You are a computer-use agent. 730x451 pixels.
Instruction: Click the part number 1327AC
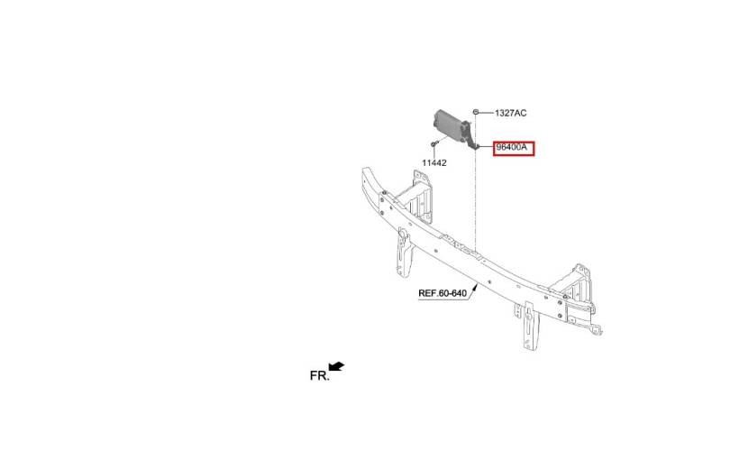click(511, 114)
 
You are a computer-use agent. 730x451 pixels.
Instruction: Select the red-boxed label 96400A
click(514, 148)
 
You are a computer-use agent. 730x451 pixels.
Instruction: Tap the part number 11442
click(434, 163)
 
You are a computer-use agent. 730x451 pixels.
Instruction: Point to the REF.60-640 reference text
click(443, 293)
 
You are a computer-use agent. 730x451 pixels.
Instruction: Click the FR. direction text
click(319, 375)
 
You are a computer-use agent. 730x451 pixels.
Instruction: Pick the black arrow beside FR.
click(336, 366)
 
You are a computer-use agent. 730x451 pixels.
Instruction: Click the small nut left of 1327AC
click(476, 112)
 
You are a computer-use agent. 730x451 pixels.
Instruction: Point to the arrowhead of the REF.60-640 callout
click(475, 288)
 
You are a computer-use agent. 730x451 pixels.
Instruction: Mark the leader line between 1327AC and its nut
click(486, 113)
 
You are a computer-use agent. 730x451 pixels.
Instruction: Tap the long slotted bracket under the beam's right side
click(529, 326)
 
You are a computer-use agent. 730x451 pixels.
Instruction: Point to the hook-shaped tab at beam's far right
click(596, 328)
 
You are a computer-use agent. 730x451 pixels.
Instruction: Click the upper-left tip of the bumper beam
click(363, 168)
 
